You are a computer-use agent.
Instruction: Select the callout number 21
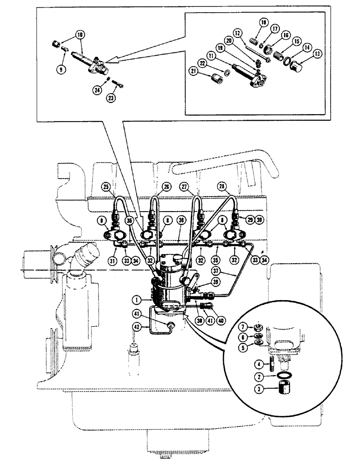tap(193, 70)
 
